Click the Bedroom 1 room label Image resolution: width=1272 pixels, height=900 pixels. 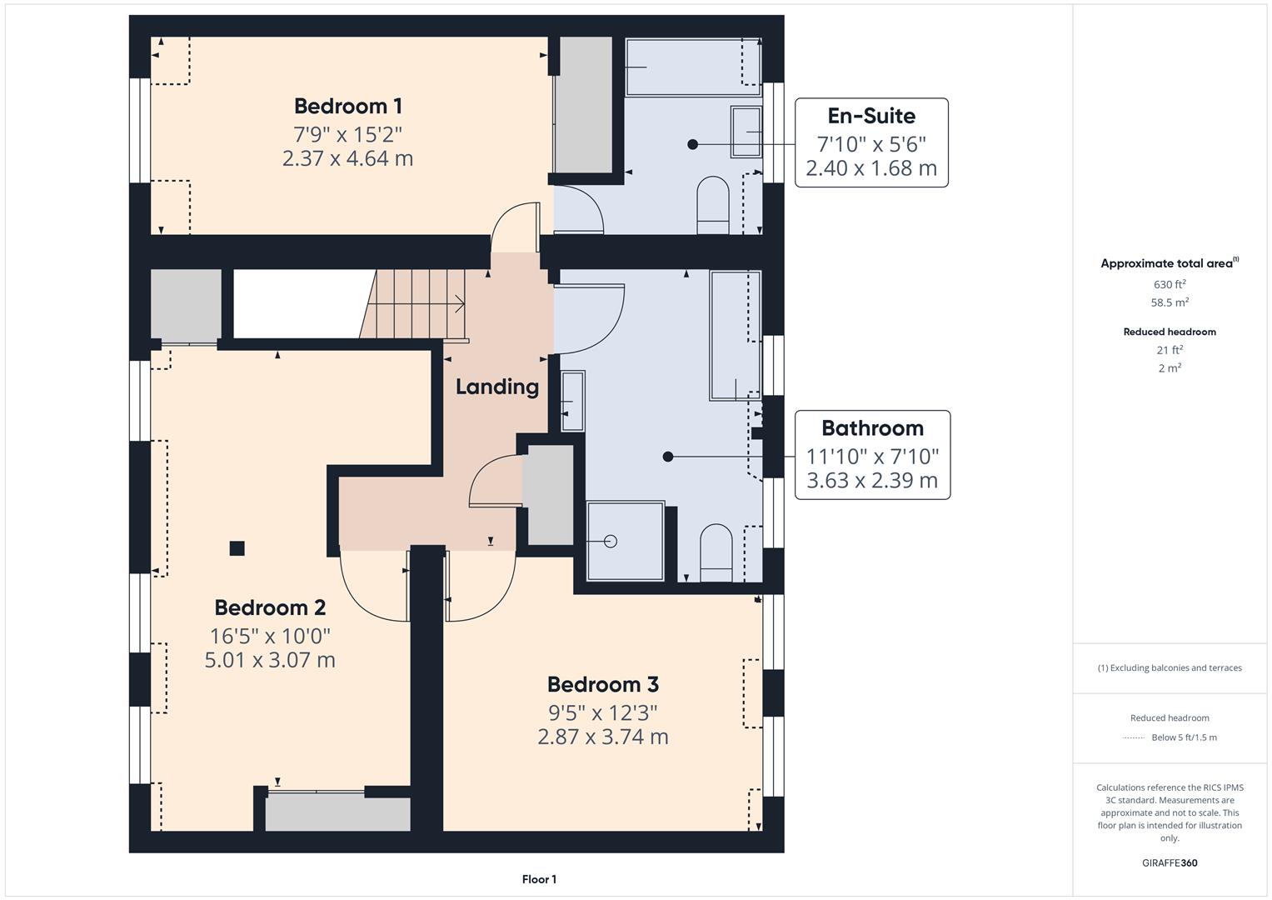pyautogui.click(x=347, y=106)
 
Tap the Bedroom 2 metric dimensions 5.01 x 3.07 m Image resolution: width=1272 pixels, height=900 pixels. pyautogui.click(x=270, y=660)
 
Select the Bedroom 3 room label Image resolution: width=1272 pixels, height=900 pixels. pyautogui.click(x=602, y=684)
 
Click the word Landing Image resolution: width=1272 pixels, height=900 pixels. pyautogui.click(x=496, y=387)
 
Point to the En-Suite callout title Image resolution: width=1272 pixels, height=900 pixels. pyautogui.click(x=870, y=116)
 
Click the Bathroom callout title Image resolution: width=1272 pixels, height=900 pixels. pyautogui.click(x=872, y=427)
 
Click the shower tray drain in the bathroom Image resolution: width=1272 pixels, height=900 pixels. pyautogui.click(x=610, y=542)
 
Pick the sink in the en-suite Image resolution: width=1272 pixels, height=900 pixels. pyautogui.click(x=746, y=132)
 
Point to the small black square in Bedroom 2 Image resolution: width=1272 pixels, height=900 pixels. pyautogui.click(x=237, y=548)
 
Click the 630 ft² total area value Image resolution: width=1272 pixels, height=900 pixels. pyautogui.click(x=1170, y=284)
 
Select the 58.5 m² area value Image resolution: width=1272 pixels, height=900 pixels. pyautogui.click(x=1170, y=302)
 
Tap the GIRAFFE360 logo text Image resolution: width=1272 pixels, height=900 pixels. pyautogui.click(x=1170, y=862)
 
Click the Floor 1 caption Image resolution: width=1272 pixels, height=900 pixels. pyautogui.click(x=539, y=879)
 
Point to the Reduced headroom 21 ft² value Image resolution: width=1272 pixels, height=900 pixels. pyautogui.click(x=1170, y=350)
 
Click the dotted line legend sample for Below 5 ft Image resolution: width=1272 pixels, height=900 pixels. pyautogui.click(x=1133, y=737)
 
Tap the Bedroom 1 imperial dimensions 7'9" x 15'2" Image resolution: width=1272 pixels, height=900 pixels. pyautogui.click(x=347, y=133)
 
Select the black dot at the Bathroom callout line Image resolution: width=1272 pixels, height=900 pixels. pyautogui.click(x=667, y=457)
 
